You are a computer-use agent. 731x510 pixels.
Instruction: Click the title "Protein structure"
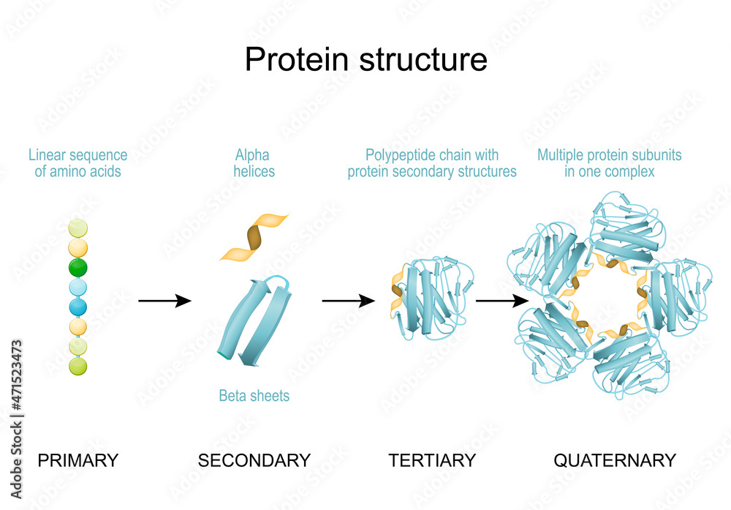point(365,59)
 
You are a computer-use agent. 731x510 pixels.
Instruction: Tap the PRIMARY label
point(77,460)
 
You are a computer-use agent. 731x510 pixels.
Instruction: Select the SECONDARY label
point(254,460)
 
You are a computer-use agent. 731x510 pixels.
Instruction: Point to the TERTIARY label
point(432,460)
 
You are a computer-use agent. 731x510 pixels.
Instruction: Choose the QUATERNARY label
point(614,460)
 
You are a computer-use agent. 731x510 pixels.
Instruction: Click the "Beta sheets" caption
point(254,396)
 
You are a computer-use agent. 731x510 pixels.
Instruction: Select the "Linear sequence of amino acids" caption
point(77,163)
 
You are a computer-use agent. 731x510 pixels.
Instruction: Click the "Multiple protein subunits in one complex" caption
point(609,163)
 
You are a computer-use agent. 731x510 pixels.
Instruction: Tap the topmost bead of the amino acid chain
point(77,228)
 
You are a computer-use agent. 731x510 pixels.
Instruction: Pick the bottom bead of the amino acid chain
point(77,365)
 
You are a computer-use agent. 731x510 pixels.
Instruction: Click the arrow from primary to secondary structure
point(164,301)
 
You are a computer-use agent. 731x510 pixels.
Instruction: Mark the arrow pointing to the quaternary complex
point(502,301)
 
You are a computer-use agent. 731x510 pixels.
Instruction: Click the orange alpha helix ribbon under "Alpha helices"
point(254,237)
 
